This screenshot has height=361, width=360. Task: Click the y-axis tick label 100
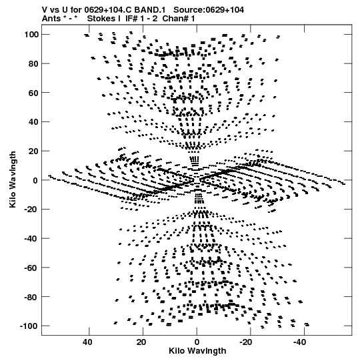click(31, 35)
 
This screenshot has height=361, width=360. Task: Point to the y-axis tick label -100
click(29, 326)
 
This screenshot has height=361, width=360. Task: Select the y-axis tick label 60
click(33, 93)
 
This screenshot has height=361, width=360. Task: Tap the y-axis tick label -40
click(31, 238)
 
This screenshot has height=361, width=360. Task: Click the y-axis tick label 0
click(35, 180)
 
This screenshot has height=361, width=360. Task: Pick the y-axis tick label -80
click(31, 297)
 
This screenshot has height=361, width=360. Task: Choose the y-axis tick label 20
click(33, 151)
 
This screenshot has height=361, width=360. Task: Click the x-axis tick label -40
click(300, 342)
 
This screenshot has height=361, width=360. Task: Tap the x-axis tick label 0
click(197, 342)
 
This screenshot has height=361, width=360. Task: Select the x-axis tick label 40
click(87, 342)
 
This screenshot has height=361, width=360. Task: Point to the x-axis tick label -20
click(246, 342)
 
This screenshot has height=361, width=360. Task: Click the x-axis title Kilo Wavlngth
click(197, 351)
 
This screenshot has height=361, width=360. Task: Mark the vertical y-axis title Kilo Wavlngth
click(13, 179)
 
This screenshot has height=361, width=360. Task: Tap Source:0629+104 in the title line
click(209, 10)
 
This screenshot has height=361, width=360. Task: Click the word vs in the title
click(54, 10)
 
